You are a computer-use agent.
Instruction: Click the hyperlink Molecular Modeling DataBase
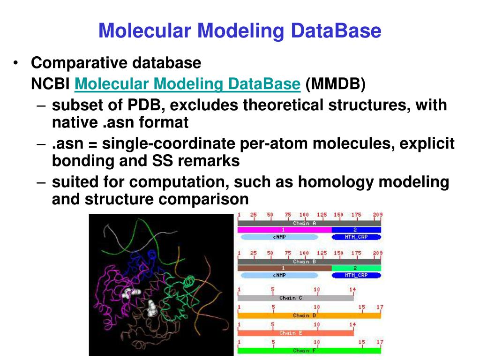(187, 84)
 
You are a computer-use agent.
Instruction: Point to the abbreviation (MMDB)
(335, 84)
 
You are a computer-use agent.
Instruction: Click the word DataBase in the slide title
(336, 31)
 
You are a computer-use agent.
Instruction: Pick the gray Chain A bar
(309, 223)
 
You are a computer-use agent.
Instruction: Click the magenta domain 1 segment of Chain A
(284, 230)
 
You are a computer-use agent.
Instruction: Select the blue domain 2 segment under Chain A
(356, 230)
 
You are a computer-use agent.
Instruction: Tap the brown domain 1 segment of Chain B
(284, 268)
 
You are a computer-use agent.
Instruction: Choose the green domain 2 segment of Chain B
(356, 268)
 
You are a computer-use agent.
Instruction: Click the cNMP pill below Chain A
(279, 237)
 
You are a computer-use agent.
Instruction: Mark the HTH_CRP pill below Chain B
(356, 275)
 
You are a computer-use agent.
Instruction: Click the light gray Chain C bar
(295, 298)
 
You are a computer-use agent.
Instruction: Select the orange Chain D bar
(309, 315)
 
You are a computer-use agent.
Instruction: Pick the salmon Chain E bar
(295, 333)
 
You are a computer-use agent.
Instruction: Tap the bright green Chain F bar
(309, 351)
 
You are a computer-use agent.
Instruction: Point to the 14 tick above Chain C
(352, 290)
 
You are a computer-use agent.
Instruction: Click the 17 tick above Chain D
(380, 307)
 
